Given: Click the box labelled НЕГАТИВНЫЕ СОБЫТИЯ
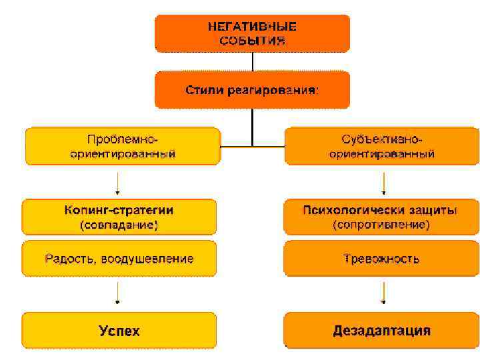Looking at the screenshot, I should (x=252, y=33).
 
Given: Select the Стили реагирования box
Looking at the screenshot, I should (x=252, y=90).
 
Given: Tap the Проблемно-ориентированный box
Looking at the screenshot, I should (x=123, y=146).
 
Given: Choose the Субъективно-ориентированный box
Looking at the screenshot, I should (x=381, y=146).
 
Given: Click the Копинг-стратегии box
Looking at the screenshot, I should (x=119, y=217).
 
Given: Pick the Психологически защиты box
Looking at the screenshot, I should (x=381, y=217).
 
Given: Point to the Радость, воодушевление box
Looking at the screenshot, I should (x=119, y=258).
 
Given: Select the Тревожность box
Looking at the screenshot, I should (x=381, y=258).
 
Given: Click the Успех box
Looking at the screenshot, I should (x=119, y=330).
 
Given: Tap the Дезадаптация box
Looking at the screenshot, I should (x=381, y=330).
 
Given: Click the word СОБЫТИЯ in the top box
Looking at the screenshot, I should (x=252, y=41).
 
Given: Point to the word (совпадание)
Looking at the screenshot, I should (x=119, y=225).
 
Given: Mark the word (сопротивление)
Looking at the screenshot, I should (x=381, y=225).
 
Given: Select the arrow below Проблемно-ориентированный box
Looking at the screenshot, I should (x=119, y=182).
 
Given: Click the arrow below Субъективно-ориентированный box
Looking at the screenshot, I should (x=383, y=182).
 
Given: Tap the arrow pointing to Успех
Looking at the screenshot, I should (x=119, y=293).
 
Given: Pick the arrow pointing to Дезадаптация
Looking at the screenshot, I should (x=383, y=293).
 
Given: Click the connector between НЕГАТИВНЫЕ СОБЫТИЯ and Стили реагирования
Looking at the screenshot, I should (x=252, y=62).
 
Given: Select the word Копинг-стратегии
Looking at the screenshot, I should (x=119, y=210).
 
